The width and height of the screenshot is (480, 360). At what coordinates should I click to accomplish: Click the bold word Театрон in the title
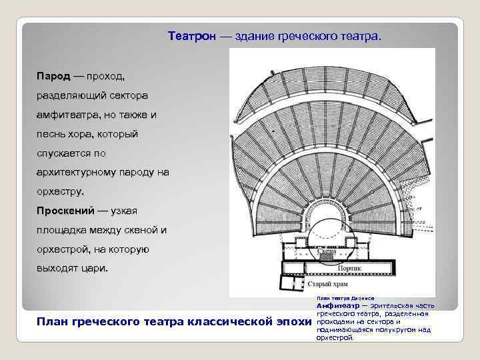click(192, 35)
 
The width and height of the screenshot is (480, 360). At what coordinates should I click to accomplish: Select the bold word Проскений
click(64, 211)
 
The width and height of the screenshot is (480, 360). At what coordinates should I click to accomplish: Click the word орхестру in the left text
click(60, 192)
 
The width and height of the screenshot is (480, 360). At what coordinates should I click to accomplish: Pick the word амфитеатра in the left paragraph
click(67, 115)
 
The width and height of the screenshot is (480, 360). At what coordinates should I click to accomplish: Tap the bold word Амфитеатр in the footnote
click(337, 305)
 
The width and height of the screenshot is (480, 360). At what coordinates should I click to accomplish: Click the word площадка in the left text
click(61, 231)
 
